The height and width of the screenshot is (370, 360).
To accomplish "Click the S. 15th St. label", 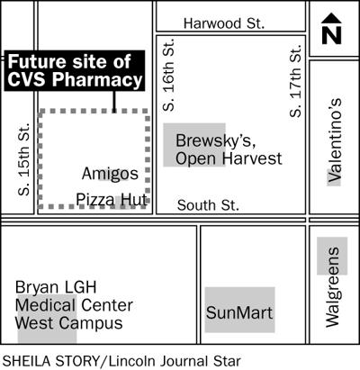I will tap(24, 163).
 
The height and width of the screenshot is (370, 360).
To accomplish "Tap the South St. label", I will tap(208, 205).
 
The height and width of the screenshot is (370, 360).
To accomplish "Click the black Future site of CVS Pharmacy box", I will tap(75, 71).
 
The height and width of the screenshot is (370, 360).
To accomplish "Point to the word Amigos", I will tap(110, 173).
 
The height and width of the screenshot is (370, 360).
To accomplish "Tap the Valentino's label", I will tap(334, 140).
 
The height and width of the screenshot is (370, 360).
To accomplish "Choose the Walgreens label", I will tap(332, 280).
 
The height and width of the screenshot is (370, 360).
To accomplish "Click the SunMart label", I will tap(238, 313).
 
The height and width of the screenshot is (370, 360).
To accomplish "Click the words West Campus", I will tap(68, 323).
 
